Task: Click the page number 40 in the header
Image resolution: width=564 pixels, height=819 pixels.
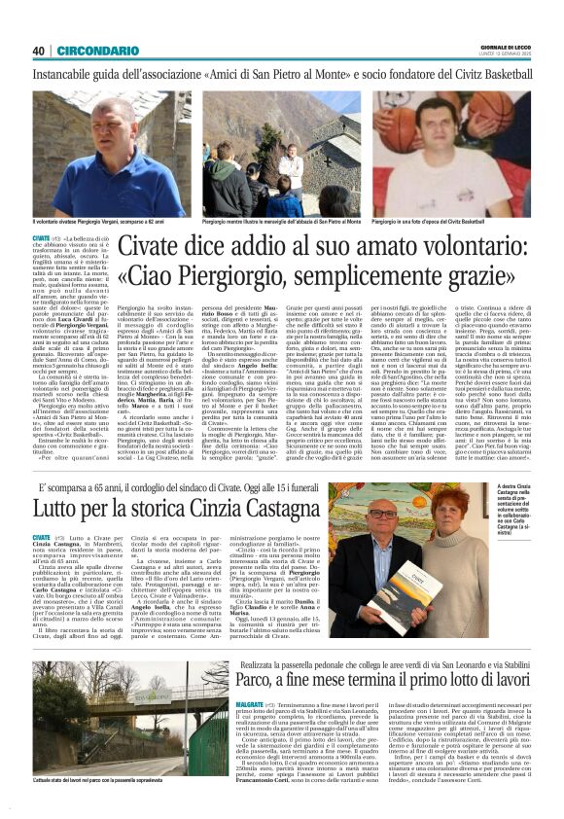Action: click(x=39, y=51)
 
